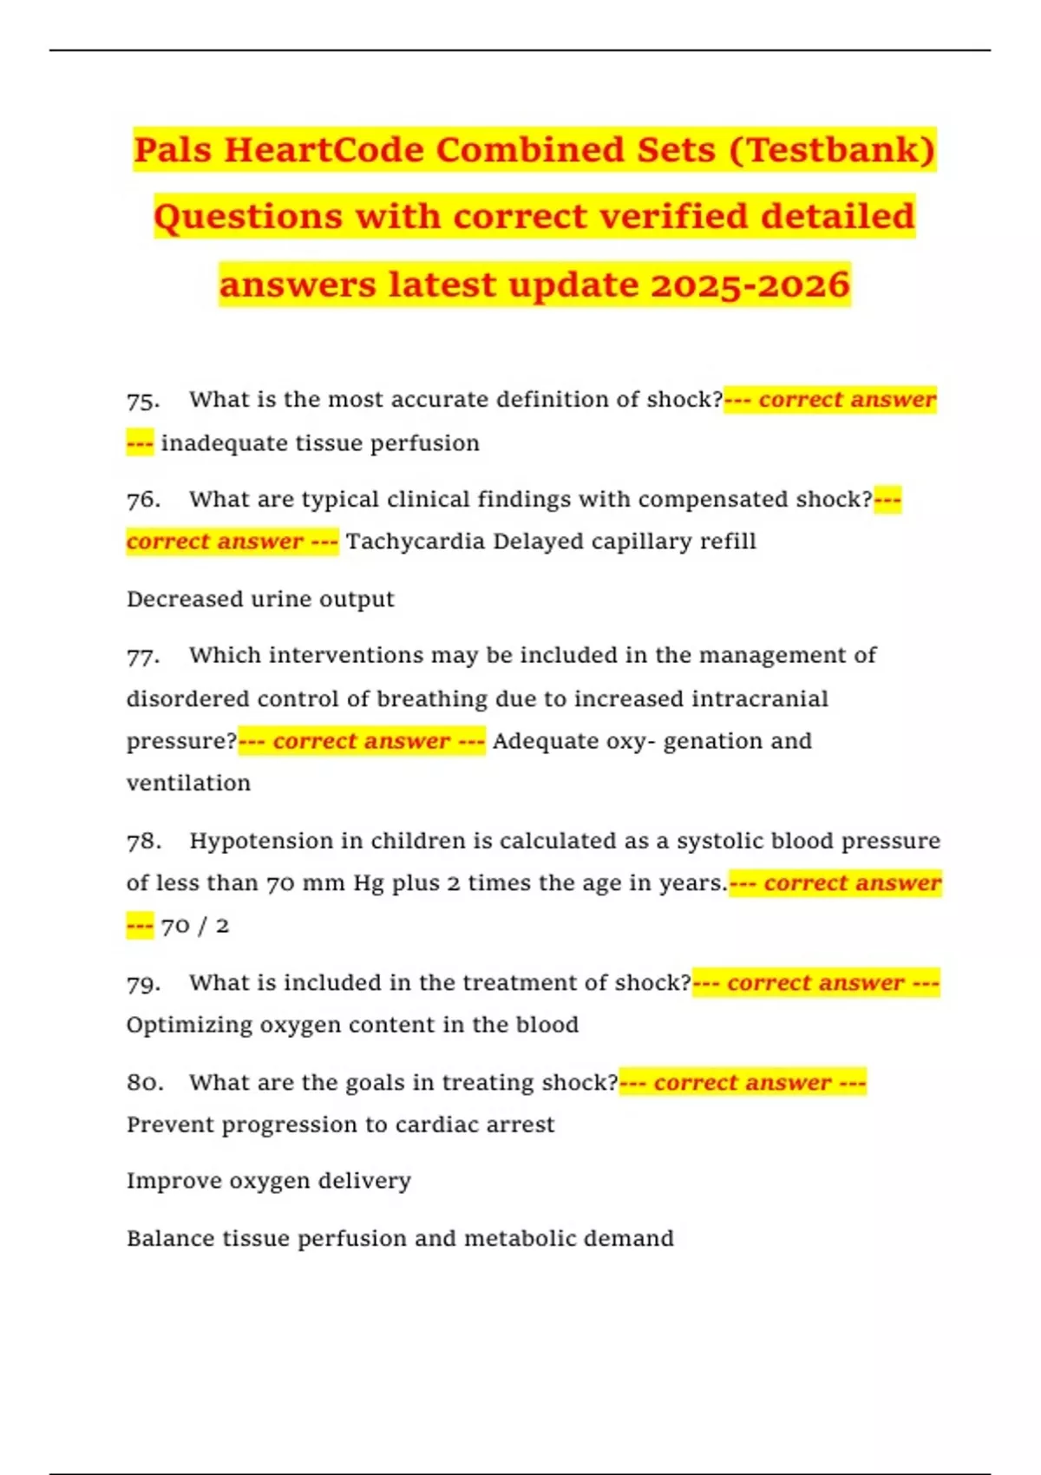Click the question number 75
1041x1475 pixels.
(143, 401)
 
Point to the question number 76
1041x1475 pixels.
(143, 501)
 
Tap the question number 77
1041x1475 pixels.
(143, 656)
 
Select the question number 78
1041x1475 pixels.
(143, 842)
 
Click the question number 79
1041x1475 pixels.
(143, 984)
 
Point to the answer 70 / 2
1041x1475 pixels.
(195, 926)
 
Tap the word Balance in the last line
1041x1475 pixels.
(164, 1239)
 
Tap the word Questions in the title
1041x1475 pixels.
(248, 217)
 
